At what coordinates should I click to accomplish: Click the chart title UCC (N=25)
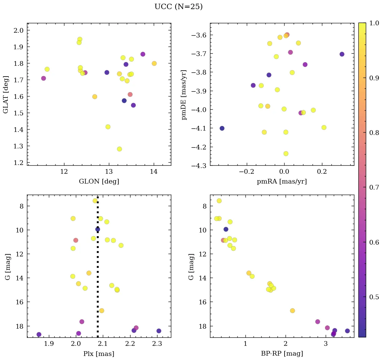(178, 7)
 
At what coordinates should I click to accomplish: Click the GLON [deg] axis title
(99, 182)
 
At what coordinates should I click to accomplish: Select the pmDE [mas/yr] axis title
(184, 94)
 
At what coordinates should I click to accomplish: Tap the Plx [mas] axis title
(99, 354)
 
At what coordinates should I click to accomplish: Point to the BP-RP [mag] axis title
(282, 354)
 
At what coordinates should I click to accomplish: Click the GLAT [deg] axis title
(6, 94)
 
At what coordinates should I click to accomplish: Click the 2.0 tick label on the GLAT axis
(19, 30)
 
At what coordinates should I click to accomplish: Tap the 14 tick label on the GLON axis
(154, 172)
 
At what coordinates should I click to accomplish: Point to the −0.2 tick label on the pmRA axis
(246, 172)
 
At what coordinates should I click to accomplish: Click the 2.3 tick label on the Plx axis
(157, 344)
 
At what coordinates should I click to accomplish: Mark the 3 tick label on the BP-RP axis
(326, 344)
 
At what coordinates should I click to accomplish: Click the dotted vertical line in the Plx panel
(98, 270)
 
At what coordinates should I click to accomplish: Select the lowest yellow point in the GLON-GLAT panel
(119, 149)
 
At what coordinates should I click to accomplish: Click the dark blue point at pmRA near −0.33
(222, 128)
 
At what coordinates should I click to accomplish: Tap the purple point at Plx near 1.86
(39, 334)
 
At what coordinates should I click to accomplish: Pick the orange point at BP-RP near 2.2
(292, 311)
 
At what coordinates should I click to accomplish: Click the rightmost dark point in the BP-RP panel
(347, 331)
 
